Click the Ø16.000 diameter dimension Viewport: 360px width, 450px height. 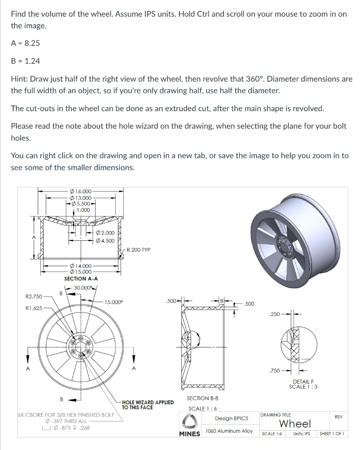tap(80, 191)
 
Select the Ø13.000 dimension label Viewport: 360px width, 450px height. tap(80, 197)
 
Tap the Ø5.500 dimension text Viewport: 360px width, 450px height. tap(80, 203)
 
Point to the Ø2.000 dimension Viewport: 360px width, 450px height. tap(105, 233)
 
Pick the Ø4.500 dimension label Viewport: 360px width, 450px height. tap(105, 240)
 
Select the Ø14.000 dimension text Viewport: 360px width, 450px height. tap(80, 266)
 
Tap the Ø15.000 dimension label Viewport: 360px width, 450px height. tap(80, 272)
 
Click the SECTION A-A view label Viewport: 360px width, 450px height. tap(81, 279)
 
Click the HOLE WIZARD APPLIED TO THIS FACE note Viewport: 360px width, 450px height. tap(148, 405)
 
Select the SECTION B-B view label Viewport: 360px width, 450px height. tap(203, 398)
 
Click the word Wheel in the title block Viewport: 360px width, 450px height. tap(295, 424)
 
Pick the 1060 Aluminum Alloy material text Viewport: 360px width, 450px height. tap(229, 431)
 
